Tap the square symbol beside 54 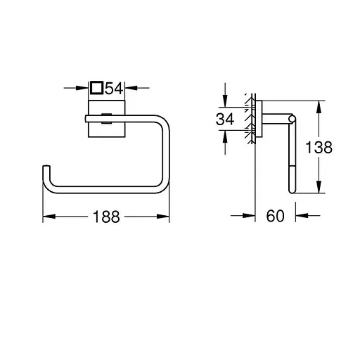point(98,89)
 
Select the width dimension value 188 point(107,217)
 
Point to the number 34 point(224,120)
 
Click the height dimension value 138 point(318,148)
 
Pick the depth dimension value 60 point(274,217)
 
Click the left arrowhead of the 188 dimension point(47,217)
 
